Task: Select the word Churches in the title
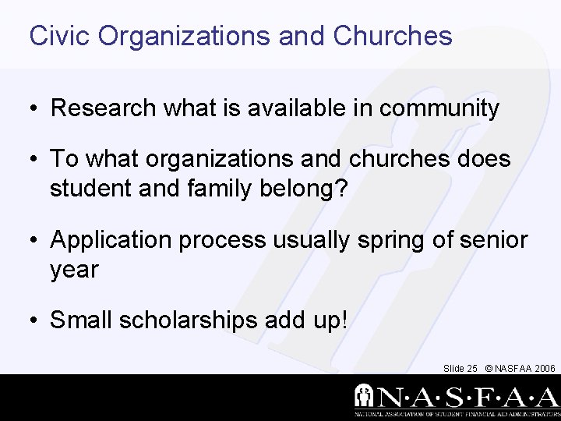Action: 393,36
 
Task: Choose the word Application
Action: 112,240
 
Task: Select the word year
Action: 74,270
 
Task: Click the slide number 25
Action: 472,368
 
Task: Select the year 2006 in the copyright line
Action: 545,368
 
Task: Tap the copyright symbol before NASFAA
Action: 489,368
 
